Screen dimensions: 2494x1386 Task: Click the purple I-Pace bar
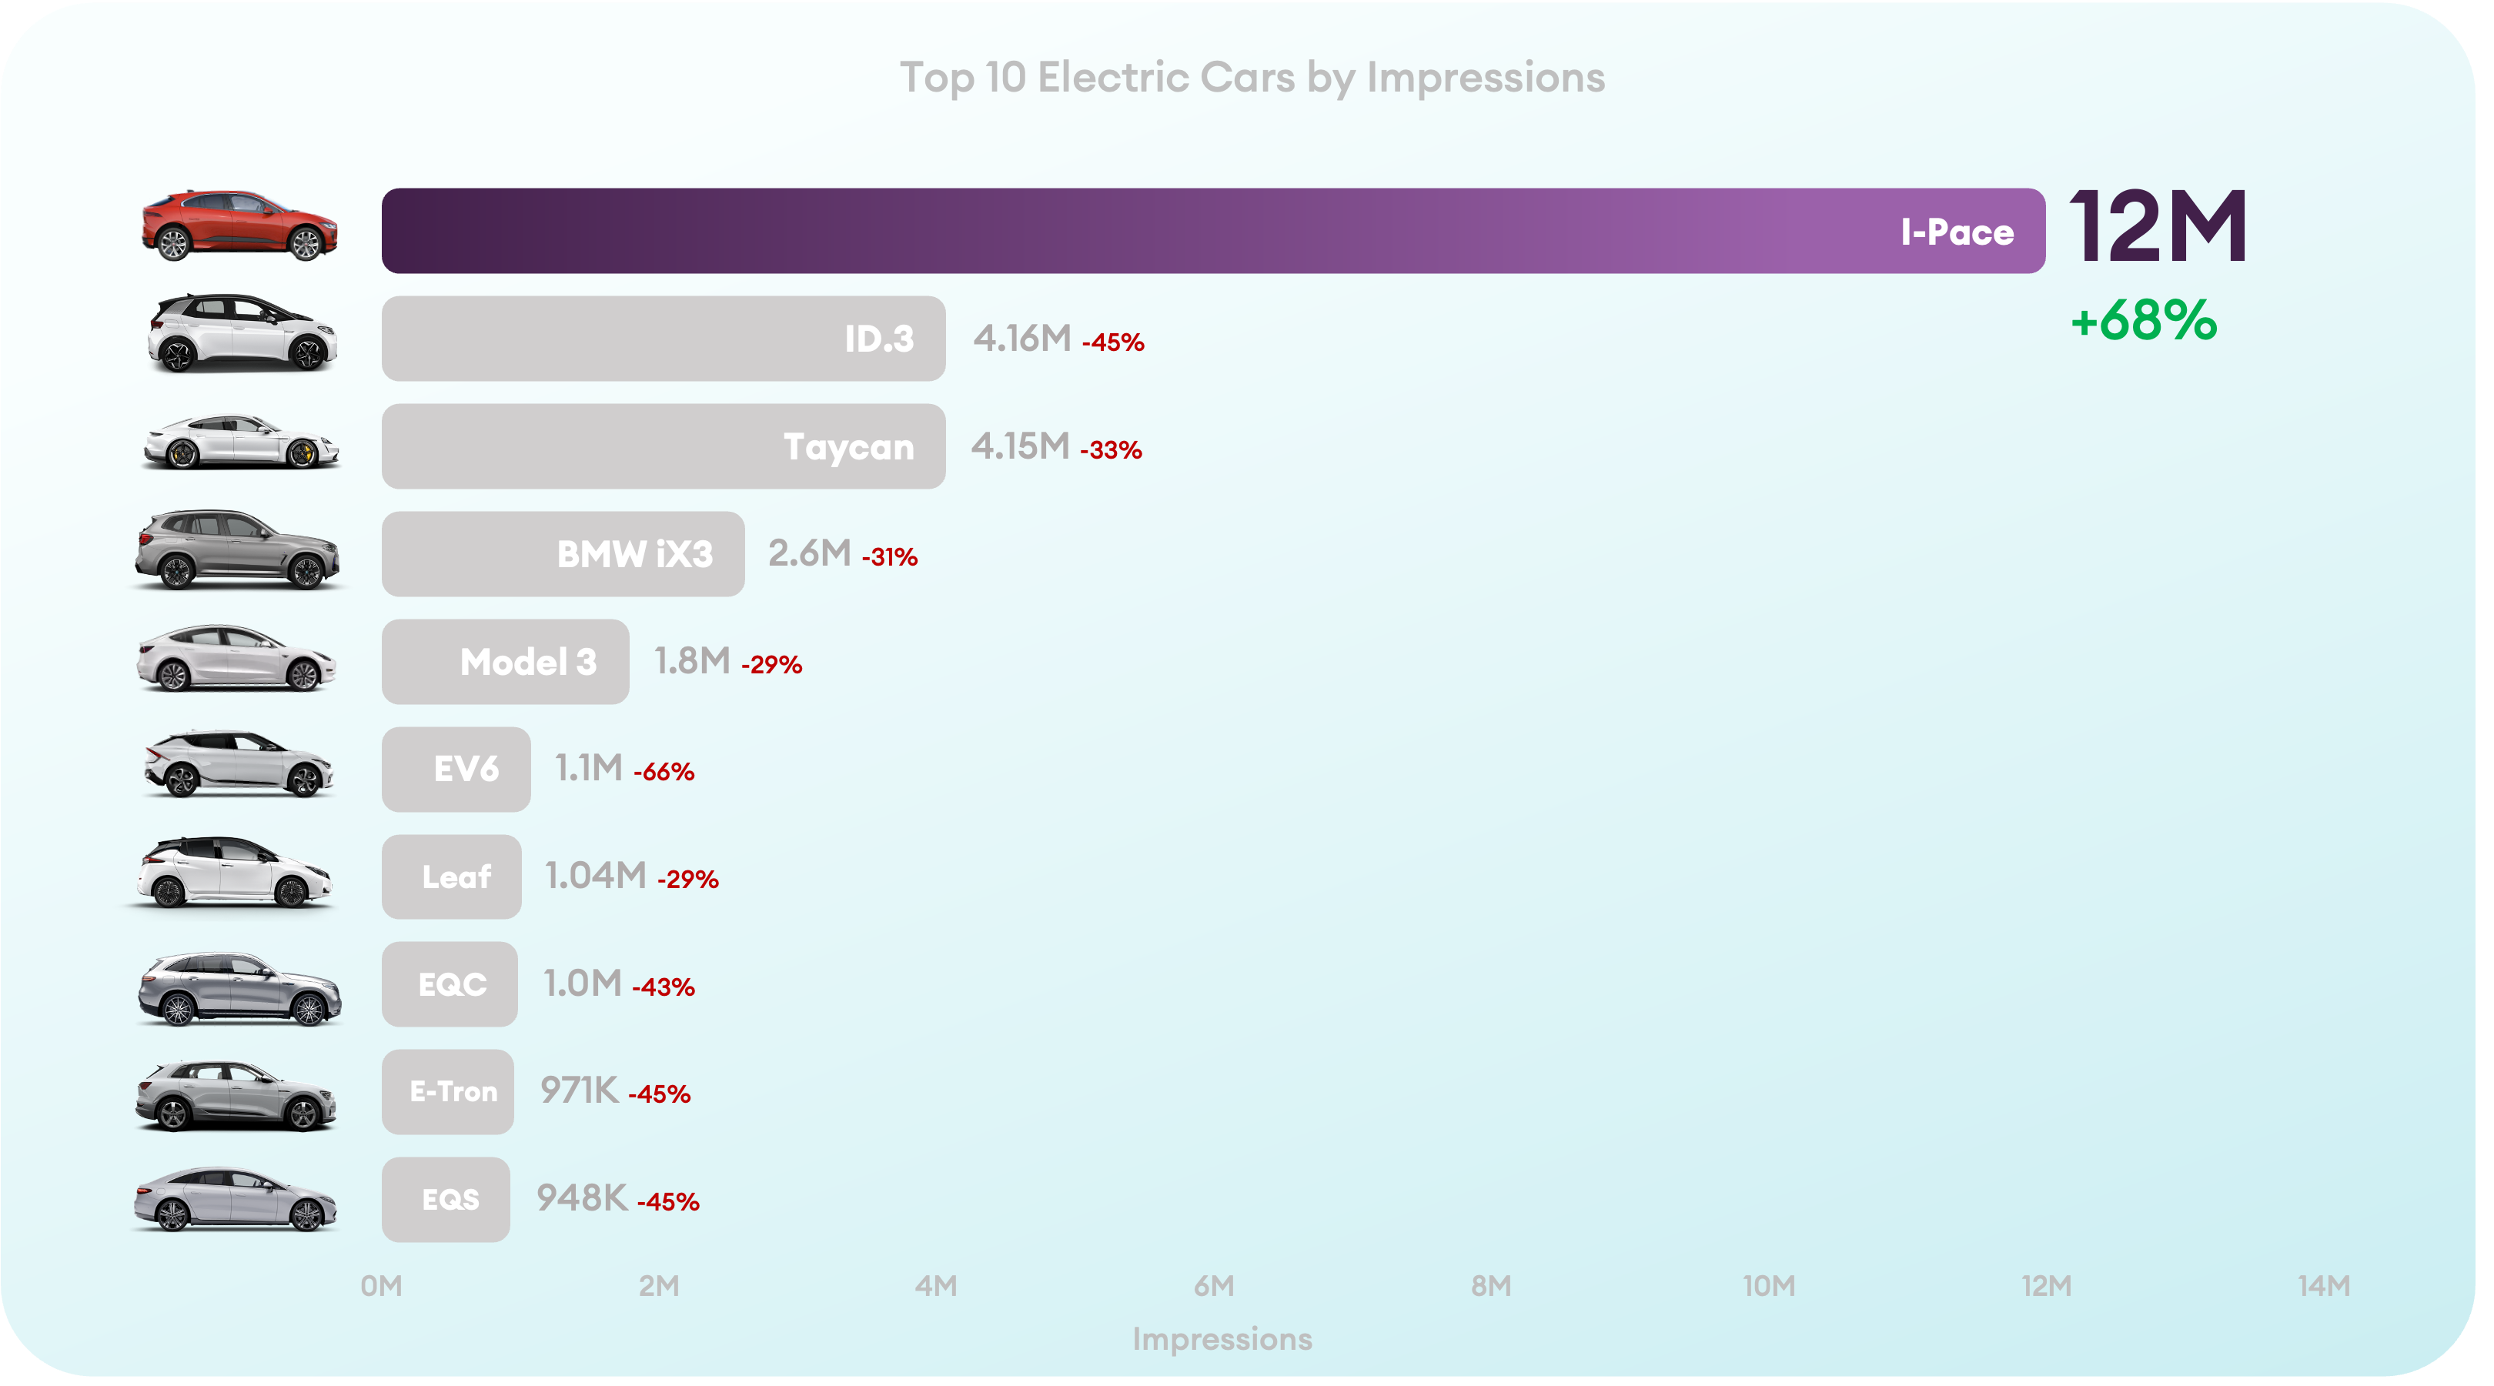pos(1213,230)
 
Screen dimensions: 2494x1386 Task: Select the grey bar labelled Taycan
pos(664,446)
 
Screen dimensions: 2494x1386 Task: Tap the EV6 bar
pos(456,770)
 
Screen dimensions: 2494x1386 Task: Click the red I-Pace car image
pos(239,226)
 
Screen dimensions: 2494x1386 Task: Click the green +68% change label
pos(2144,320)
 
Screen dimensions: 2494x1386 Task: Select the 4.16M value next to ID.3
pos(1022,339)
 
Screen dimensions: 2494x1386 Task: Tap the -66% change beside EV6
pos(664,773)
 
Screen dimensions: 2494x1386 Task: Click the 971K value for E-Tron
pos(579,1090)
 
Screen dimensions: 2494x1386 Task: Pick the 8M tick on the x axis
pos(1491,1286)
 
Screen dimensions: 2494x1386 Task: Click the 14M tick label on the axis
pos(2324,1286)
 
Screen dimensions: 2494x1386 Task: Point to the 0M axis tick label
pos(382,1286)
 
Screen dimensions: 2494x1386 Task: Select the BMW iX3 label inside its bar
pos(634,555)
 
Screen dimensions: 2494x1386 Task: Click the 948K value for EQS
pos(582,1198)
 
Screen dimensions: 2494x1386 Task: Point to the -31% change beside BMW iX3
pos(889,557)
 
